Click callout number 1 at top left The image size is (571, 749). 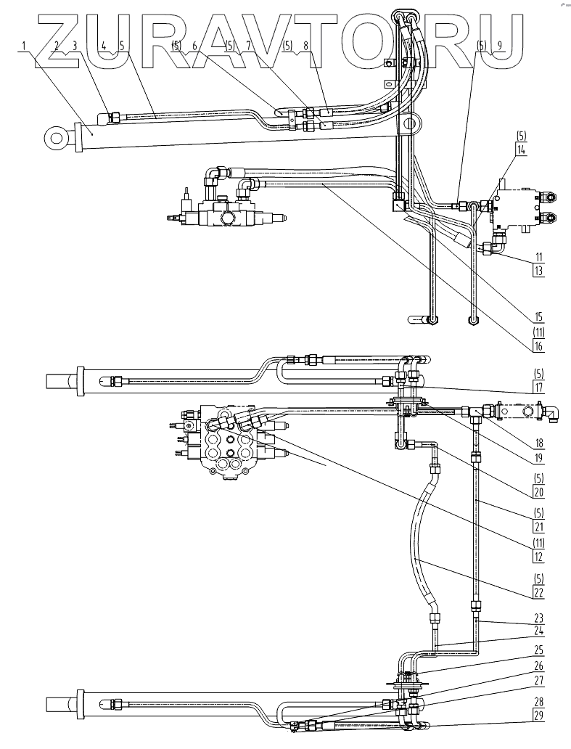tap(25, 46)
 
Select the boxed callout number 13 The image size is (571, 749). tap(538, 270)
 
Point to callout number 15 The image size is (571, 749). tap(538, 316)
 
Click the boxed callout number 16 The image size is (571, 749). tap(538, 347)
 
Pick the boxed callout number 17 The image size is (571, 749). tap(538, 388)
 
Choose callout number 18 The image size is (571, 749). tap(538, 442)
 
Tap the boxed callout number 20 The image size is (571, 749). tap(538, 491)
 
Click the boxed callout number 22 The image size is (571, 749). tap(538, 592)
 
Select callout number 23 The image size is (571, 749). tap(538, 619)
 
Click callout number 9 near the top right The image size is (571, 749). tap(499, 45)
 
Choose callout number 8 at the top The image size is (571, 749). tap(305, 45)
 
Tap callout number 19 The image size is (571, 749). tap(538, 458)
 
